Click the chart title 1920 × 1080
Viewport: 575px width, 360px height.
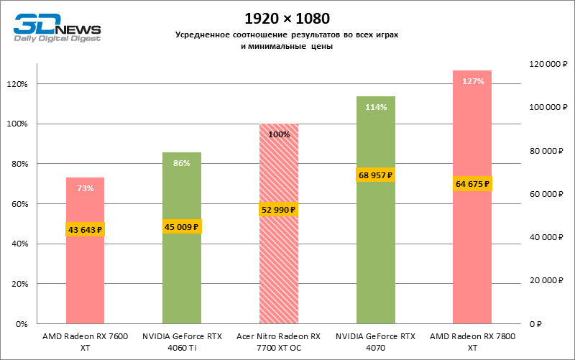coord(286,17)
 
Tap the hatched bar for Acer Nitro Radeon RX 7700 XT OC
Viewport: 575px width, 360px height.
coord(278,273)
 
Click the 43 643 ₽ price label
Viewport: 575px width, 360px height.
coord(86,230)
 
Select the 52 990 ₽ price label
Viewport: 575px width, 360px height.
coord(278,210)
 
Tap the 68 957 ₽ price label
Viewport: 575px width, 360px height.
coord(376,175)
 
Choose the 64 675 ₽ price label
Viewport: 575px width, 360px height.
coord(472,184)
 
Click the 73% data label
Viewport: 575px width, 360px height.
coord(86,188)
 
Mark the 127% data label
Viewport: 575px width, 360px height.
coord(472,81)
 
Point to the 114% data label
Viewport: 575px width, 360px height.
coord(376,107)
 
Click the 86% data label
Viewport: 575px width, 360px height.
coord(182,163)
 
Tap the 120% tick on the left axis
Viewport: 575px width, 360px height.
coord(17,84)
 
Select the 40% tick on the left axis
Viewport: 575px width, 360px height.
coord(18,244)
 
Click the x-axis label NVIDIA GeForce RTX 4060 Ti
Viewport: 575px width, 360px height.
coord(182,341)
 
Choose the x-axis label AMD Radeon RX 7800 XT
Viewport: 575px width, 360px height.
coord(472,341)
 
